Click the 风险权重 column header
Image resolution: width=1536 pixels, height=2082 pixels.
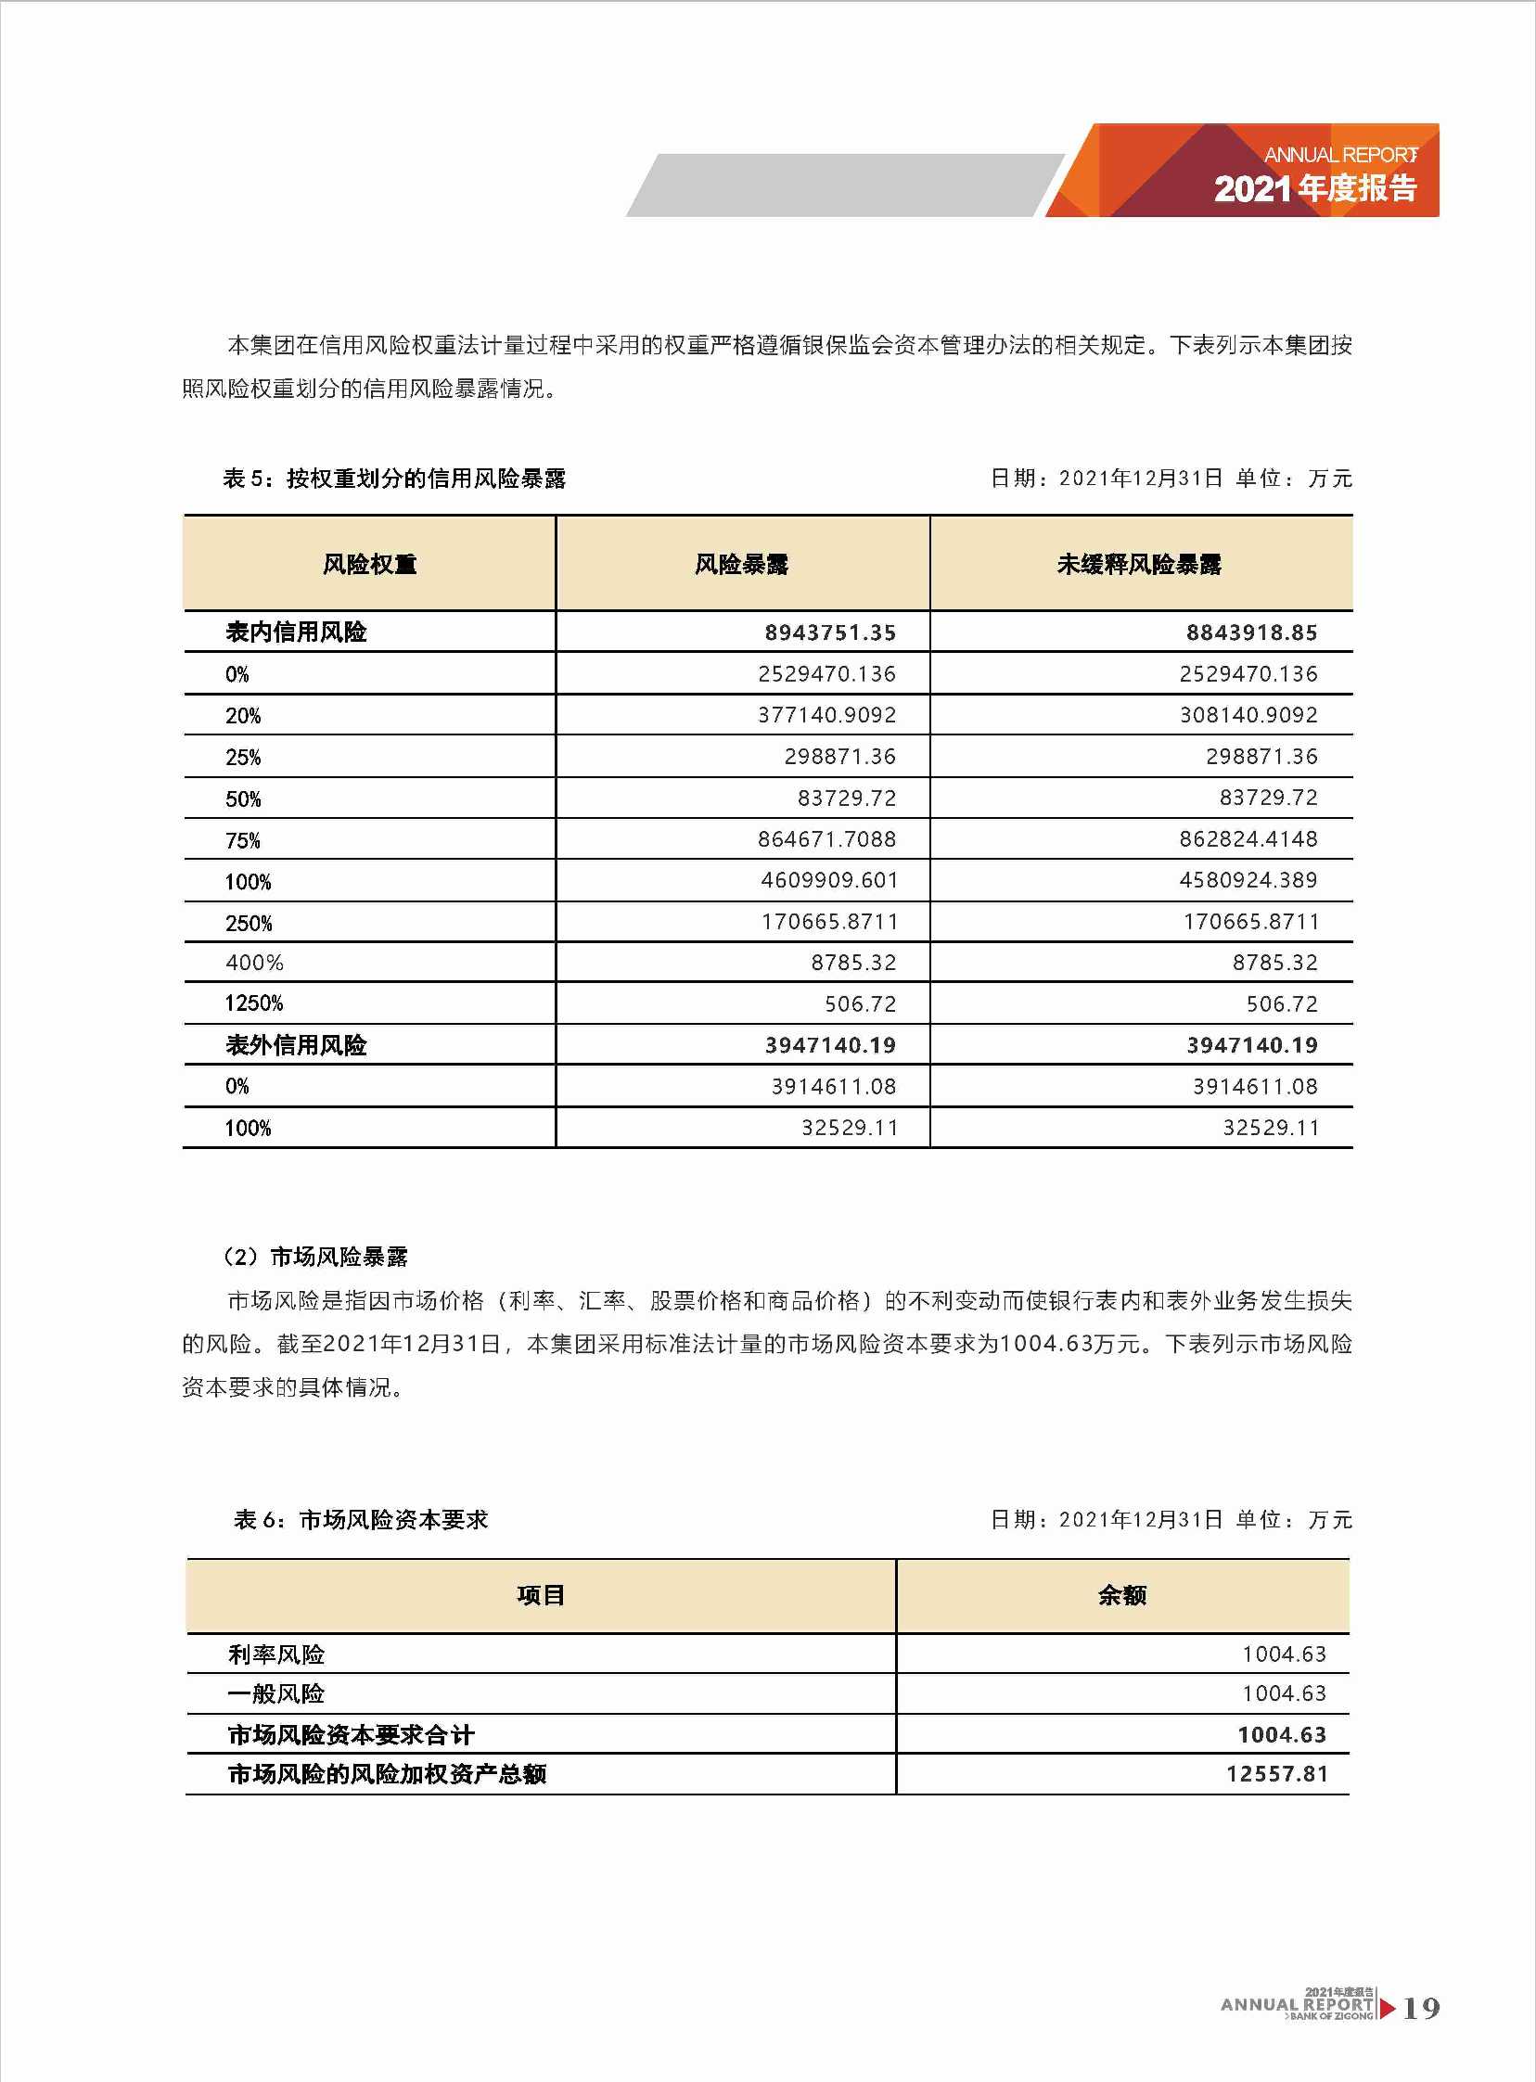click(369, 564)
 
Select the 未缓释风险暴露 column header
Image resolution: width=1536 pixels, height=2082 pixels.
click(1139, 564)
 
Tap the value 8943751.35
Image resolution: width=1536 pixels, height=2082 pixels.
click(829, 633)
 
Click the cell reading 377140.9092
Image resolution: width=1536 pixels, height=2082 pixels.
click(826, 715)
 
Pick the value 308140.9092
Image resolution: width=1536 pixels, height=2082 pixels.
click(1248, 715)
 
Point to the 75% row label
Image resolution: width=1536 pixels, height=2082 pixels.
click(243, 840)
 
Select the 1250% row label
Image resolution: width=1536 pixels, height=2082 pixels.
click(254, 1003)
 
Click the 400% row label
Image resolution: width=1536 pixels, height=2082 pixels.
click(254, 963)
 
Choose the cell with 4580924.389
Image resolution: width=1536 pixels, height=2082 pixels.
click(1248, 880)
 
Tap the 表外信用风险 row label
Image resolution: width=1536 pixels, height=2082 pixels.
click(296, 1046)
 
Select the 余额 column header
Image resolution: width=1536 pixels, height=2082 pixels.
click(1122, 1595)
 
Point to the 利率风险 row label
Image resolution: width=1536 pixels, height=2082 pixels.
click(276, 1654)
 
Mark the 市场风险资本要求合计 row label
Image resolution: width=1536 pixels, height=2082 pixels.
click(351, 1734)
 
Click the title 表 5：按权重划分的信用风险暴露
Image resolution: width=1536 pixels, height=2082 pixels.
click(394, 479)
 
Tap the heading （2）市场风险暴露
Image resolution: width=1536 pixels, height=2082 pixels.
click(314, 1257)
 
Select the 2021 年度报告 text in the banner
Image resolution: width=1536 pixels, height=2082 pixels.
click(1314, 188)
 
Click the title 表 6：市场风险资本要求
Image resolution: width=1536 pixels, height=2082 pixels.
click(361, 1520)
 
